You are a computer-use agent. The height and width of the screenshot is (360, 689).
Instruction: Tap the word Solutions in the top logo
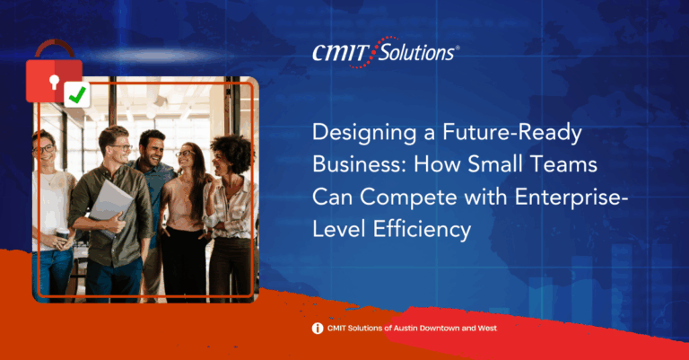click(416, 53)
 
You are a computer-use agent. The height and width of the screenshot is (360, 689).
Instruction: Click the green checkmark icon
click(77, 94)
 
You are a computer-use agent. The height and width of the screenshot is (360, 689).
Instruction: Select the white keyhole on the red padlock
click(54, 82)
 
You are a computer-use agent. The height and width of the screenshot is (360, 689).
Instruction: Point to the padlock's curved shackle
click(55, 42)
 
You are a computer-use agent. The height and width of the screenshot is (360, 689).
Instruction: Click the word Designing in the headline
click(364, 133)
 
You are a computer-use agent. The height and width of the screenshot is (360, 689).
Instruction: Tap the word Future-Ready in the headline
click(512, 133)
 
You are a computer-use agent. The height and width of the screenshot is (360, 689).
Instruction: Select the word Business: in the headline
click(359, 164)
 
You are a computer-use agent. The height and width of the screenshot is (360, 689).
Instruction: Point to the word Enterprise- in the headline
click(571, 197)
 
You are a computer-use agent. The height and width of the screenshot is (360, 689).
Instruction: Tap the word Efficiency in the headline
click(422, 230)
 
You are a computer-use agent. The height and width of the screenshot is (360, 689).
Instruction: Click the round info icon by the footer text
click(318, 329)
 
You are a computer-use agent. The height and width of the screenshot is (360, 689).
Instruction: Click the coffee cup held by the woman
click(63, 235)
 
